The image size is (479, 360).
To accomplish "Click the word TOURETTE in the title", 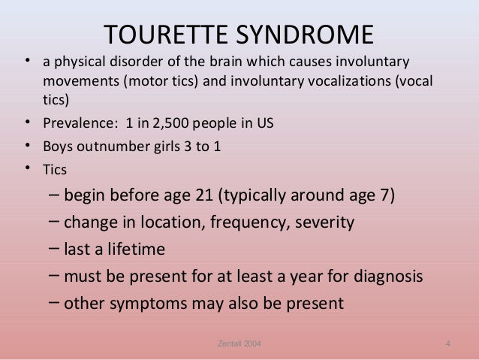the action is [x=166, y=35].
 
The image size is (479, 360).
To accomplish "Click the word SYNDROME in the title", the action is [x=305, y=35].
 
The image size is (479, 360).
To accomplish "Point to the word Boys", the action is [x=58, y=147].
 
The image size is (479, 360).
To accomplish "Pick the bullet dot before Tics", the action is [x=28, y=168].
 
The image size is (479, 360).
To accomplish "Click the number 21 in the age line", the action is [x=204, y=195].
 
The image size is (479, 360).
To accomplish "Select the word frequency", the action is [x=250, y=222].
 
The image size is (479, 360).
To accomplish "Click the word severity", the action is [x=325, y=222].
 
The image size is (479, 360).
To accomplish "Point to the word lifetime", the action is [x=136, y=249].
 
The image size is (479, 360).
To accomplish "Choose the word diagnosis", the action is [x=388, y=277].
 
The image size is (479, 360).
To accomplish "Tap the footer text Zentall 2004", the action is [x=239, y=343].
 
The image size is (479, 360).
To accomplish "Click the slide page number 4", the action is [x=447, y=343].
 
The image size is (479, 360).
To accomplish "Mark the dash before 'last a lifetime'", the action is [x=54, y=248].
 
